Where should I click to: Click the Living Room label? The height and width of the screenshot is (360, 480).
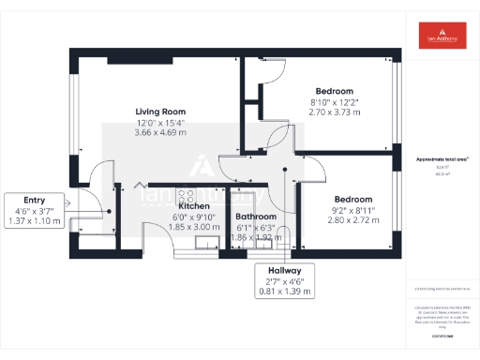tap(161, 111)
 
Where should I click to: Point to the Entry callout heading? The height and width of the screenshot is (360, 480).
tap(34, 200)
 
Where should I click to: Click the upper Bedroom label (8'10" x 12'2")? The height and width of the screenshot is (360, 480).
tap(333, 90)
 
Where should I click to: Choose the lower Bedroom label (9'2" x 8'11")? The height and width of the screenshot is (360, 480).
tap(353, 199)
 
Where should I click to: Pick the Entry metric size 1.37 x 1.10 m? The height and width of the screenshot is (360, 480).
tap(34, 222)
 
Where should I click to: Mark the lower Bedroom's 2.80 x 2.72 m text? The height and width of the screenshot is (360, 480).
tap(353, 221)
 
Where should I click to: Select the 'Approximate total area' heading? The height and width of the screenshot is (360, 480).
tap(442, 159)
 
